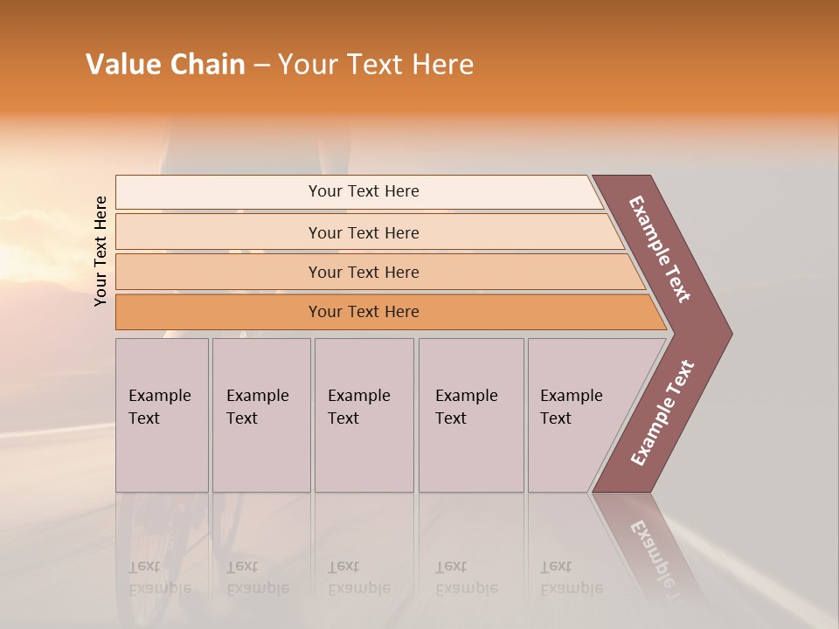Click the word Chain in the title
[207, 65]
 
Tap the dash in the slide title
[261, 66]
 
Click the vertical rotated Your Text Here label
[101, 251]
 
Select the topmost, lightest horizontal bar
[364, 191]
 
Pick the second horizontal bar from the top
[364, 232]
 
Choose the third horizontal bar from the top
[364, 272]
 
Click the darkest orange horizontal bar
[364, 312]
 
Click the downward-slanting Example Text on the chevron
[660, 249]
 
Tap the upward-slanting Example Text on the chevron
[662, 413]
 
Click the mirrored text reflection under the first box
[159, 577]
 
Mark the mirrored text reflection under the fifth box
[571, 577]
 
